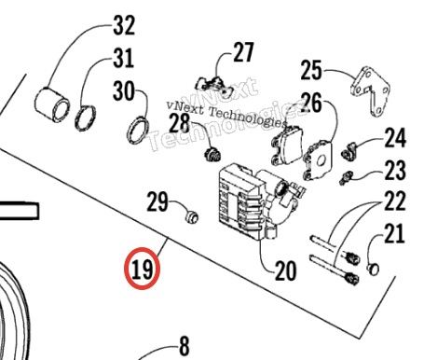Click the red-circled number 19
tap(143, 270)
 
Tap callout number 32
tap(124, 25)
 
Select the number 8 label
tap(185, 346)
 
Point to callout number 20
tap(286, 270)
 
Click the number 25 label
tap(311, 70)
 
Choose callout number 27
tap(243, 52)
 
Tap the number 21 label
tap(394, 233)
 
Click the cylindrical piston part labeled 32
tap(52, 104)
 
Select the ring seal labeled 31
tap(86, 118)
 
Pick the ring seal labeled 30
tap(138, 131)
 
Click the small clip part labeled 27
tap(214, 85)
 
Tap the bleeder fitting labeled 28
tap(212, 154)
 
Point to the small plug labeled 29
tap(191, 216)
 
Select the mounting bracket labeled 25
tap(370, 90)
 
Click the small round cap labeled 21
tap(373, 269)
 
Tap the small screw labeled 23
tap(346, 177)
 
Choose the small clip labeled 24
tap(349, 151)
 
